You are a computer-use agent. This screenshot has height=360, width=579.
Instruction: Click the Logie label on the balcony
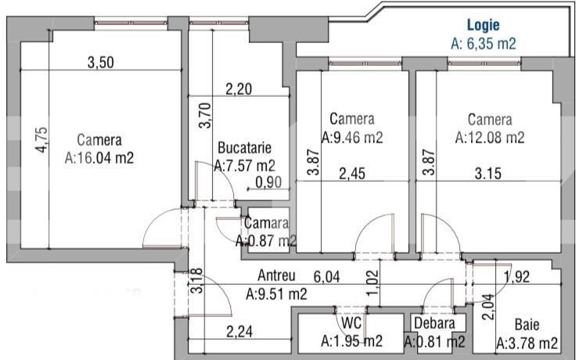click(x=483, y=26)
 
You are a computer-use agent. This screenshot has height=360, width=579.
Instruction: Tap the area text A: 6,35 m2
click(x=484, y=44)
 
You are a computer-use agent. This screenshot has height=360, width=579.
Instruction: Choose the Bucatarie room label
click(x=244, y=147)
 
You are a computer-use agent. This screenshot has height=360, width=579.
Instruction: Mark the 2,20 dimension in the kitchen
click(x=239, y=90)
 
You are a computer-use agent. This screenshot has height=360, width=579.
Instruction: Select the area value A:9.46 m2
click(x=352, y=138)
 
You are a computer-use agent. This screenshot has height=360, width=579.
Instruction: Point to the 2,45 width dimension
click(x=353, y=175)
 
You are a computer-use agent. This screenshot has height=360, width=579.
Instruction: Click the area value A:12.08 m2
click(x=490, y=138)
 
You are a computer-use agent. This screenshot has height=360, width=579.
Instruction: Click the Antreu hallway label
click(x=277, y=276)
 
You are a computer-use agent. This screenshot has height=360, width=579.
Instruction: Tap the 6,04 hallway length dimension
click(x=329, y=276)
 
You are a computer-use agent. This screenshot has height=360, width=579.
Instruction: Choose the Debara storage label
click(x=434, y=323)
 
